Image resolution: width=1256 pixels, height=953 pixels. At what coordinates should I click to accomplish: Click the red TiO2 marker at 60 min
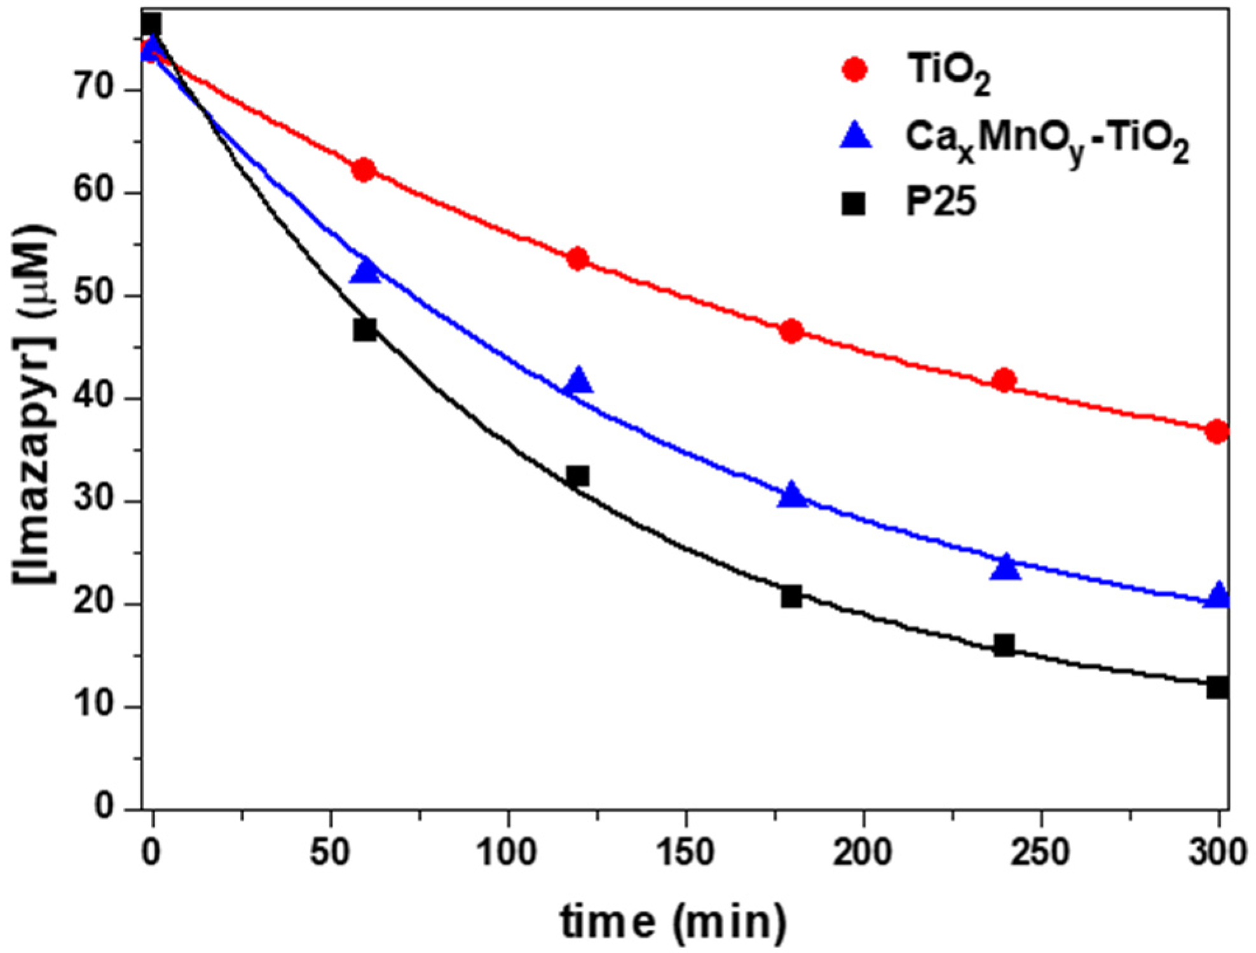click(x=364, y=170)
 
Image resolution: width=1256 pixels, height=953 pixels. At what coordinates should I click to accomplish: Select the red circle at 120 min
click(x=578, y=259)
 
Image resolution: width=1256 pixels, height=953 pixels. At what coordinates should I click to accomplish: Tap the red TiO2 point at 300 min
click(x=1217, y=432)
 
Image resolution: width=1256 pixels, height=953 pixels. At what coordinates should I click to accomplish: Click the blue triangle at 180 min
click(x=792, y=495)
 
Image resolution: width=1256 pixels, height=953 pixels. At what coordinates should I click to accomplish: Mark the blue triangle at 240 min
click(x=1005, y=567)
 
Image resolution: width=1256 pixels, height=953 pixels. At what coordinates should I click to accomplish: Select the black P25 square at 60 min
click(x=365, y=330)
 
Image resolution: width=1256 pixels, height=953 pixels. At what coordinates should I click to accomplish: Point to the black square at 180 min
click(x=791, y=597)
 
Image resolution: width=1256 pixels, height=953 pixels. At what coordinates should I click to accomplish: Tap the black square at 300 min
click(x=1217, y=687)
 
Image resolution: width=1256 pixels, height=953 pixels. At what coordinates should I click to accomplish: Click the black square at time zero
click(x=151, y=24)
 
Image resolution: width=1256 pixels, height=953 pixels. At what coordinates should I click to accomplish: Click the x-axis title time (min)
click(x=673, y=921)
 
